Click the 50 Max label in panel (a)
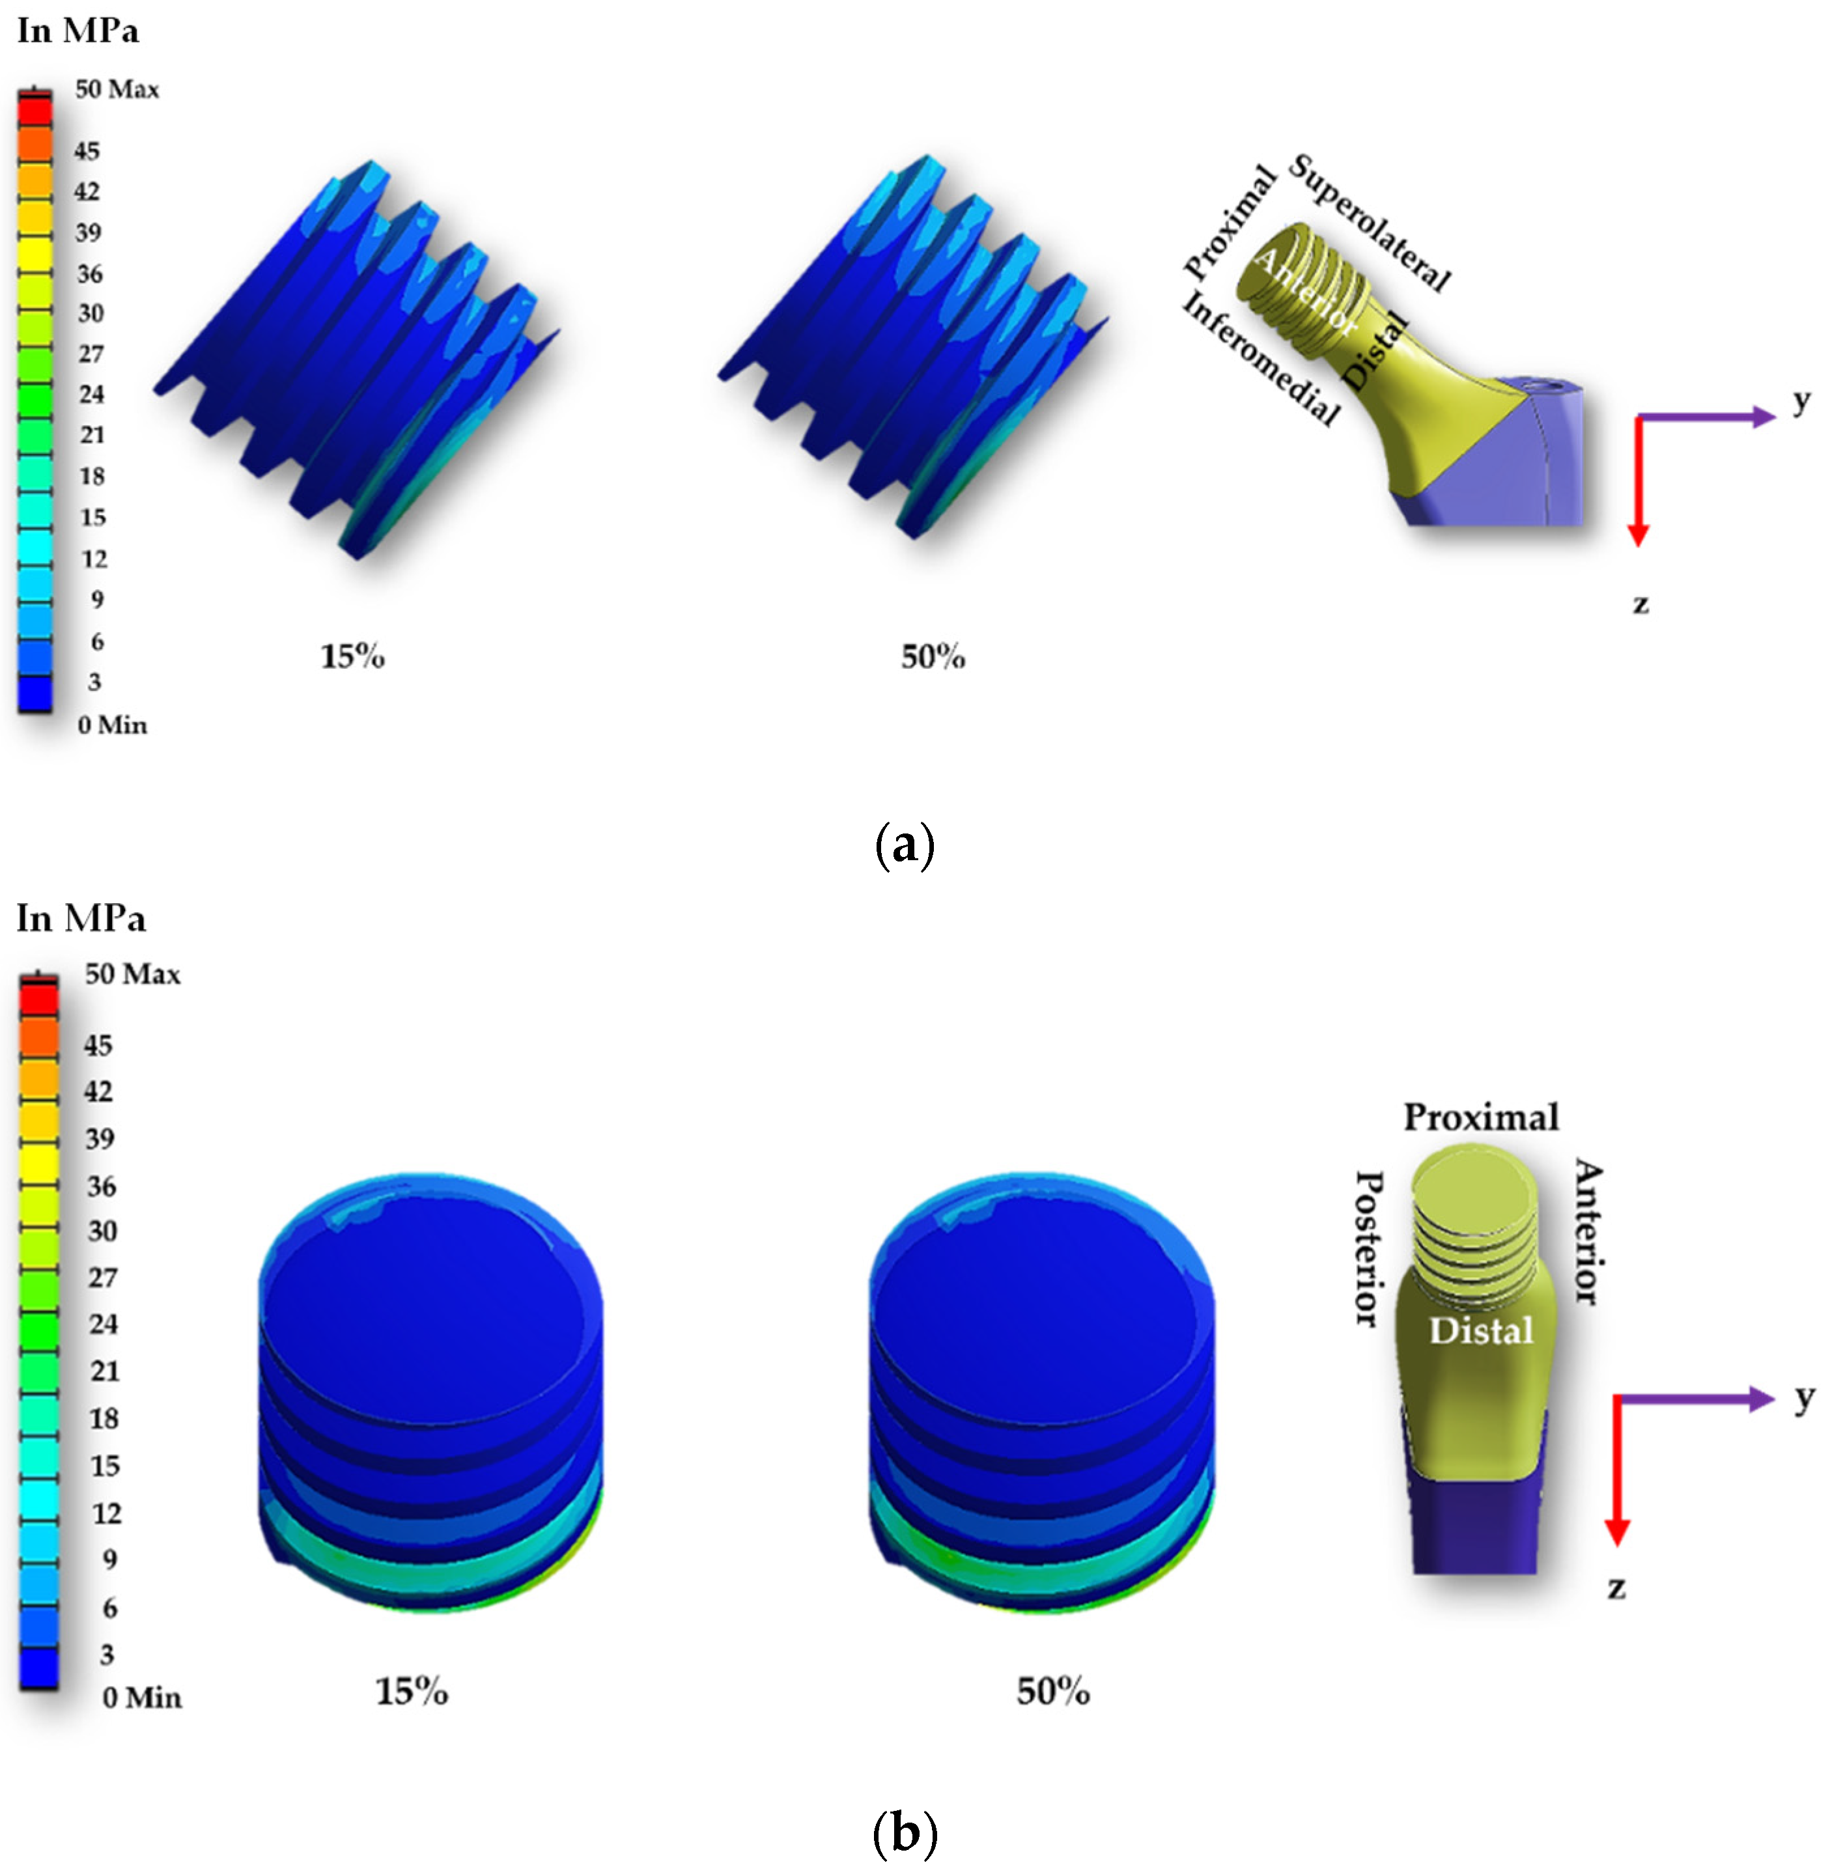tap(117, 89)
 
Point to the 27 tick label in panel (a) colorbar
tap(91, 354)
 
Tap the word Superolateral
tap(1369, 222)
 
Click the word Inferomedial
tap(1260, 357)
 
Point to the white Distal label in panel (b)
tap(1480, 1331)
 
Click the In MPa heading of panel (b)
tap(81, 919)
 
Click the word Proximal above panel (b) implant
tap(1480, 1117)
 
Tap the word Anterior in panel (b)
tap(1588, 1232)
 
